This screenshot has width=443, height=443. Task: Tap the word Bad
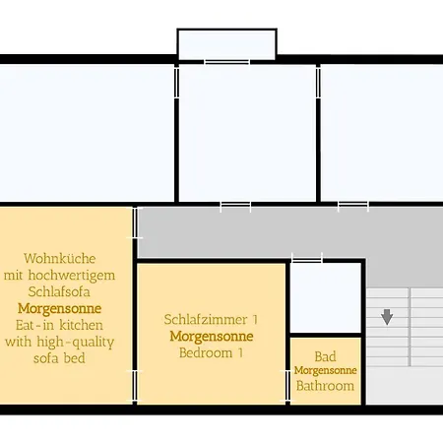326,355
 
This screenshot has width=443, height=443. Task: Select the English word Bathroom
326,385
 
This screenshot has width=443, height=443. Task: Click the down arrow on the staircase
387,316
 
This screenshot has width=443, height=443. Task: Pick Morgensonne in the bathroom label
326,370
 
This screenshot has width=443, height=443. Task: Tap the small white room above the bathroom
326,297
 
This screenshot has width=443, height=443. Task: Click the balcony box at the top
226,44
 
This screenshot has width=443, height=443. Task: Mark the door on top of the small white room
307,259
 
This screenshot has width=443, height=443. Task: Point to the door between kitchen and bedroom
134,385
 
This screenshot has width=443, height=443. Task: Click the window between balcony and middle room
225,62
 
